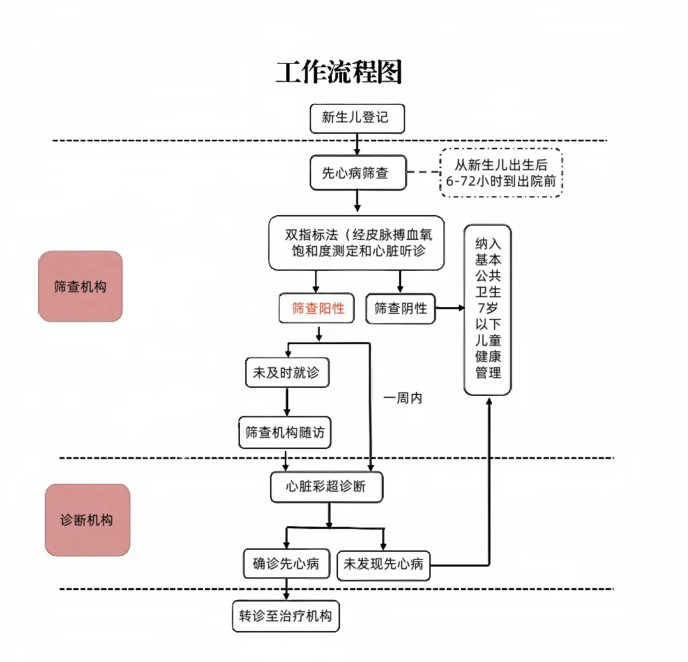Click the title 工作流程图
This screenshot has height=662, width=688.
[x=339, y=72]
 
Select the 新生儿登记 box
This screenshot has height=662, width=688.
[x=357, y=118]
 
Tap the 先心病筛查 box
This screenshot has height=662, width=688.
[x=358, y=173]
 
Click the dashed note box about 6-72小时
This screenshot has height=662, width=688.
[x=501, y=173]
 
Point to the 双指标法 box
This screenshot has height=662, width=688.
[x=357, y=243]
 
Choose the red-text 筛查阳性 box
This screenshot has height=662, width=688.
[x=316, y=308]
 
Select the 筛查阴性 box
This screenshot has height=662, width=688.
[x=400, y=308]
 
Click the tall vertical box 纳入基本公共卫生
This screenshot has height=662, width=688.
[x=488, y=310]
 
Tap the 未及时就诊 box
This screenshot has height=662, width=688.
[x=288, y=373]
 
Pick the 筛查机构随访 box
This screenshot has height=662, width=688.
[x=285, y=432]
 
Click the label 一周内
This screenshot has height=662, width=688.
[x=403, y=398]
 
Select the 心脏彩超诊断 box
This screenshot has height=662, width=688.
[x=327, y=487]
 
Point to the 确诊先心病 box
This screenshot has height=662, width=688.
[x=286, y=564]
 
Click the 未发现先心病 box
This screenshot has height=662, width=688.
[x=384, y=566]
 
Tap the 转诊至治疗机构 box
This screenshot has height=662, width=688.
[x=286, y=616]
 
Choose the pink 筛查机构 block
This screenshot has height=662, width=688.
[x=81, y=286]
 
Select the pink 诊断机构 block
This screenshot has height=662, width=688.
[x=87, y=520]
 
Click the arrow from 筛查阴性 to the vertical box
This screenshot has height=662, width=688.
[x=449, y=308]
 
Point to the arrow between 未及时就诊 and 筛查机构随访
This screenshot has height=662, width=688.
[x=287, y=402]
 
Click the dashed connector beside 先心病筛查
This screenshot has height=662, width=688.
[x=423, y=172]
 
